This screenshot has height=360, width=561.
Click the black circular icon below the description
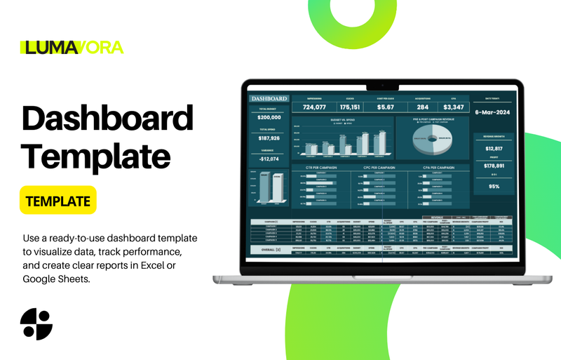tap(36, 324)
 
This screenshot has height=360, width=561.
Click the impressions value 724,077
tap(314, 107)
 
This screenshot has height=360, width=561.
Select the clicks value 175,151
tap(350, 107)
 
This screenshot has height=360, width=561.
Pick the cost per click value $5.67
tap(386, 107)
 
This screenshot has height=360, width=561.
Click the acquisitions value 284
tap(422, 107)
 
